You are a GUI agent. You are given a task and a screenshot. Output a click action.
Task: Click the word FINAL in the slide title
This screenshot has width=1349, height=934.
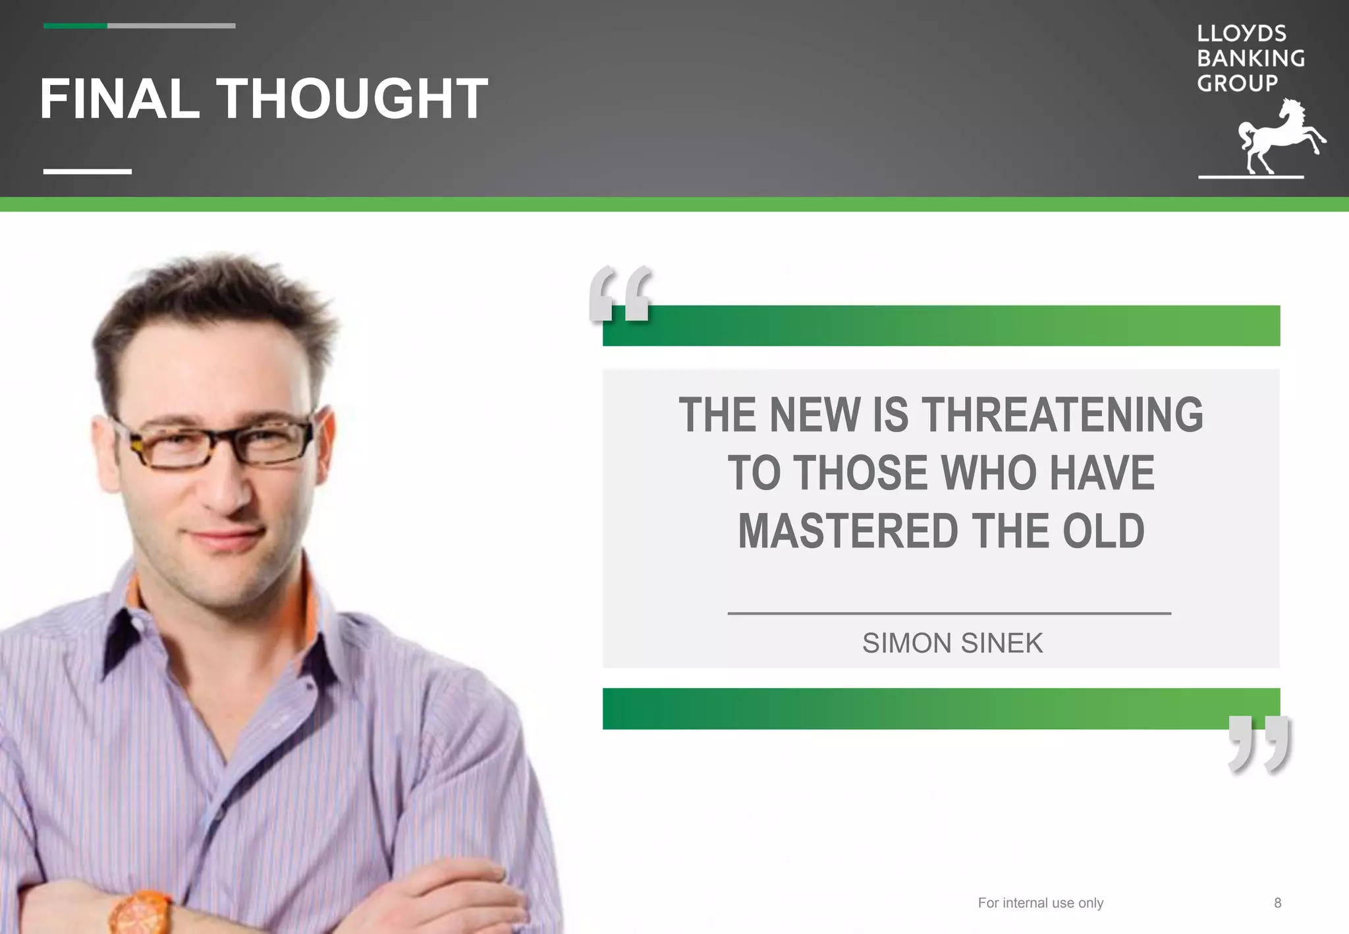pyautogui.click(x=119, y=99)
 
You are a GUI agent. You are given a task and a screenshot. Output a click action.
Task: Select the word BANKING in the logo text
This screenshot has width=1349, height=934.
pyautogui.click(x=1250, y=59)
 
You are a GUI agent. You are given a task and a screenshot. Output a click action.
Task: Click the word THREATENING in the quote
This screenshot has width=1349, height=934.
pyautogui.click(x=1062, y=416)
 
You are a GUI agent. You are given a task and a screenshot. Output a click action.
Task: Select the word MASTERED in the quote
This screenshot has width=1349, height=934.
pyautogui.click(x=848, y=532)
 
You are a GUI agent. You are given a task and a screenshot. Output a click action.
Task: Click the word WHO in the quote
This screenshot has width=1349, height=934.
pyautogui.click(x=988, y=474)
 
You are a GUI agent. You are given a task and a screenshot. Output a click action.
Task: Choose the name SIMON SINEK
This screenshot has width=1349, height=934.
pyautogui.click(x=952, y=644)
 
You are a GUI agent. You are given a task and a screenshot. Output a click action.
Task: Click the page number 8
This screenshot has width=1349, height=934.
pyautogui.click(x=1277, y=903)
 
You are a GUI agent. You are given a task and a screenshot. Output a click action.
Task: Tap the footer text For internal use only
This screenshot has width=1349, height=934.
pyautogui.click(x=1040, y=903)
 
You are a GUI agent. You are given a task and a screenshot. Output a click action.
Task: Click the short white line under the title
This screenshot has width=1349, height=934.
pyautogui.click(x=88, y=171)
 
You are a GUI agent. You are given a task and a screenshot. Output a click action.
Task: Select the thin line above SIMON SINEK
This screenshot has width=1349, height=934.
pyautogui.click(x=949, y=613)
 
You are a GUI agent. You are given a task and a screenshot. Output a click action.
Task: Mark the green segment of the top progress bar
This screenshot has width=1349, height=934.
pyautogui.click(x=75, y=26)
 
